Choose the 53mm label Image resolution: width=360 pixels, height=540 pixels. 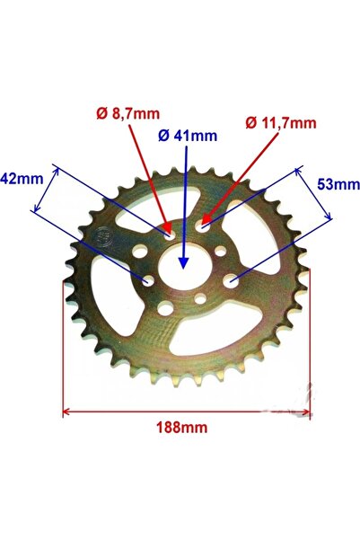(339, 184)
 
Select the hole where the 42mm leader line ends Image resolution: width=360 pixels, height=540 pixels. (146, 280)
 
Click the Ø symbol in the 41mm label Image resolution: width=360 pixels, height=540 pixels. (162, 136)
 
